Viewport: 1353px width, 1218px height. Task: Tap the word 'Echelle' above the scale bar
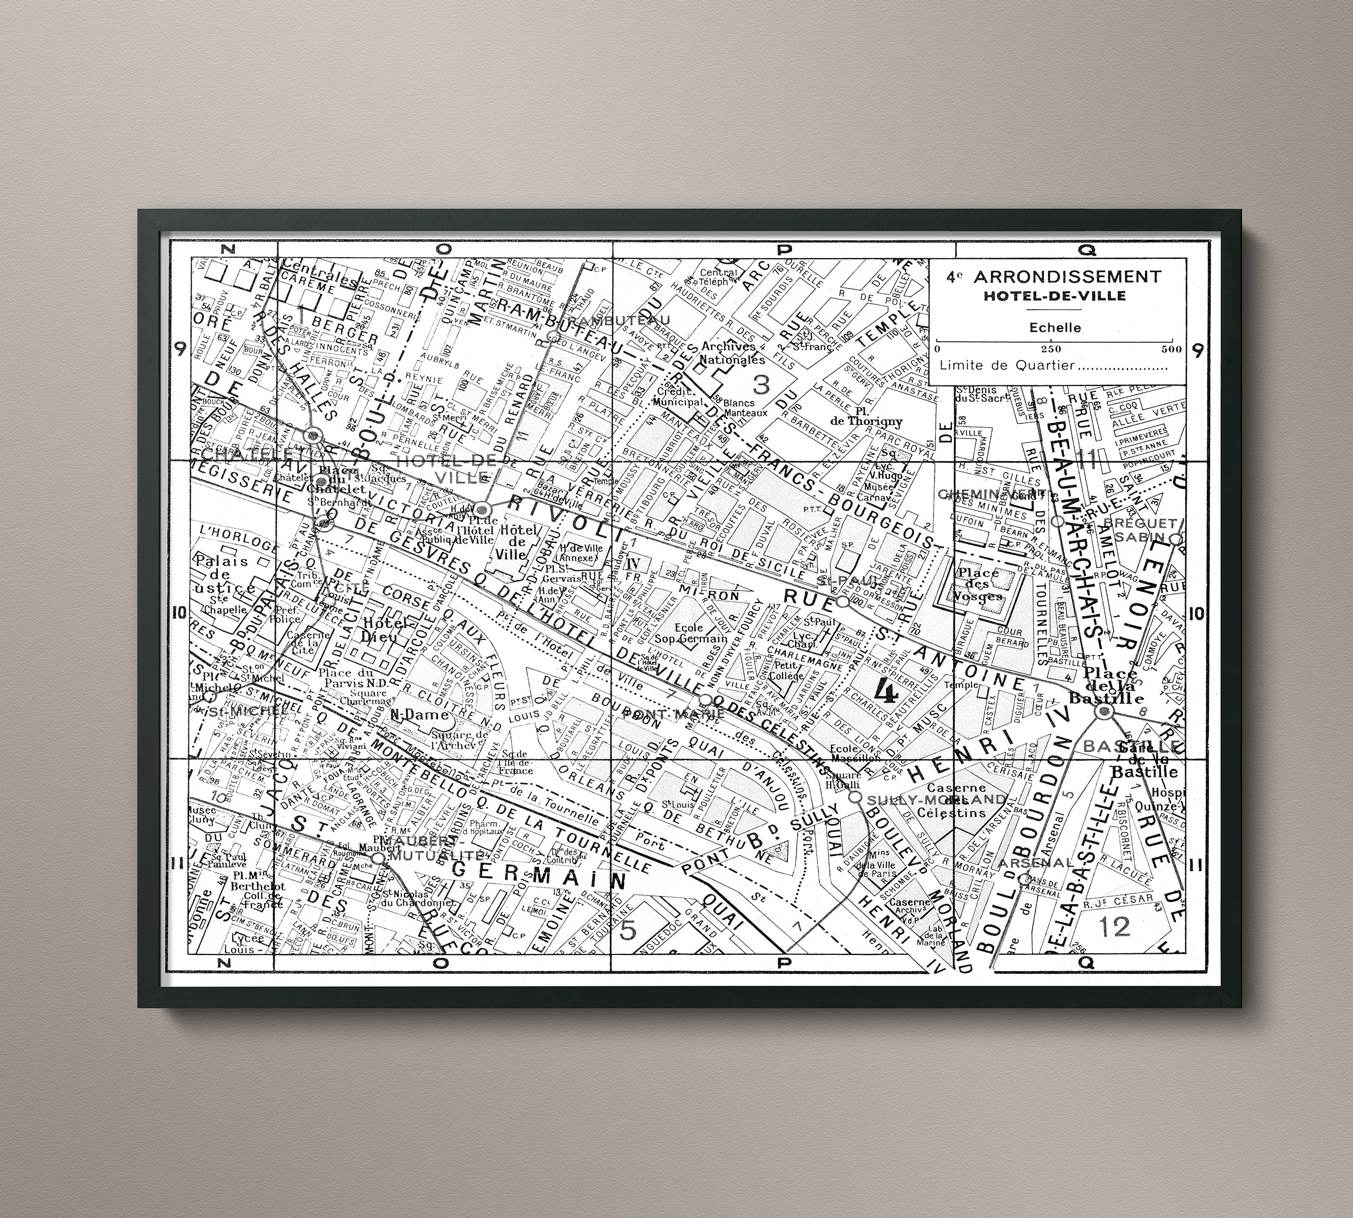tap(1055, 328)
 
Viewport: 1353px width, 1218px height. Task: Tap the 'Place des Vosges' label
tap(980, 584)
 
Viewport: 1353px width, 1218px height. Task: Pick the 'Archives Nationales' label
tap(728, 353)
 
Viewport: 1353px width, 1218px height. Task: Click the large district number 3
tap(761, 385)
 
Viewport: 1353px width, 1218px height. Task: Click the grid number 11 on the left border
tap(178, 864)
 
